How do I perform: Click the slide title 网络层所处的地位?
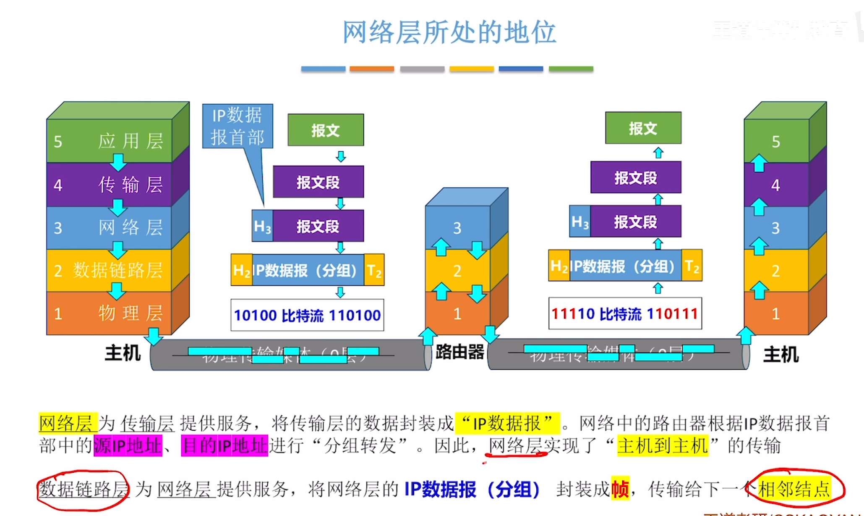tap(449, 32)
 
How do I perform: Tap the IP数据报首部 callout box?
tap(238, 126)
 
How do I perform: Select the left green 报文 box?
tap(326, 130)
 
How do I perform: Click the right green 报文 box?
tap(643, 128)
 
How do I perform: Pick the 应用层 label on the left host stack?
tap(130, 141)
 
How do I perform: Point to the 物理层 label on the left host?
tap(130, 313)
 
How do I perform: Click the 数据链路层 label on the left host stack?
tap(117, 270)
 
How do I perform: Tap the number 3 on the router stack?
tap(457, 228)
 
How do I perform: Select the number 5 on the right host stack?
tap(776, 142)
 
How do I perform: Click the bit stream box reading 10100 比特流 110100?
tap(307, 315)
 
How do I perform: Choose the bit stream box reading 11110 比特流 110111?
tap(625, 313)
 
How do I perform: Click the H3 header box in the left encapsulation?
tap(263, 226)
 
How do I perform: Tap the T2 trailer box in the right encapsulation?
tap(692, 266)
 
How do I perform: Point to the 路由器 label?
tap(459, 352)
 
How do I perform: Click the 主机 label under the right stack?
tap(780, 354)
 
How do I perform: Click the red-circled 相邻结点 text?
tap(794, 489)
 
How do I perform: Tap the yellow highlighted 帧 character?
tap(620, 489)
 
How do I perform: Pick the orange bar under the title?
tap(372, 68)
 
